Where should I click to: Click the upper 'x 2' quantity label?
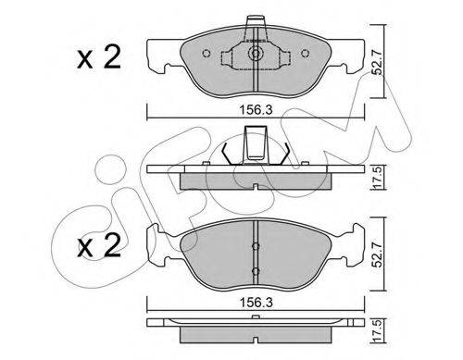[x=99, y=57]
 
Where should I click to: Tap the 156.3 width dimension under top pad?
[x=257, y=109]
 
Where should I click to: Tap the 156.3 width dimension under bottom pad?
[x=257, y=303]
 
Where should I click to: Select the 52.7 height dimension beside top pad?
[x=378, y=62]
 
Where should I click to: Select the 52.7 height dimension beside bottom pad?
[x=378, y=254]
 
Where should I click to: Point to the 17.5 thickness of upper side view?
[x=378, y=178]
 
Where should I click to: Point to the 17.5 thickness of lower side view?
[x=378, y=332]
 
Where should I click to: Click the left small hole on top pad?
[x=206, y=54]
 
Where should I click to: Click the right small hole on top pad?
[x=305, y=54]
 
